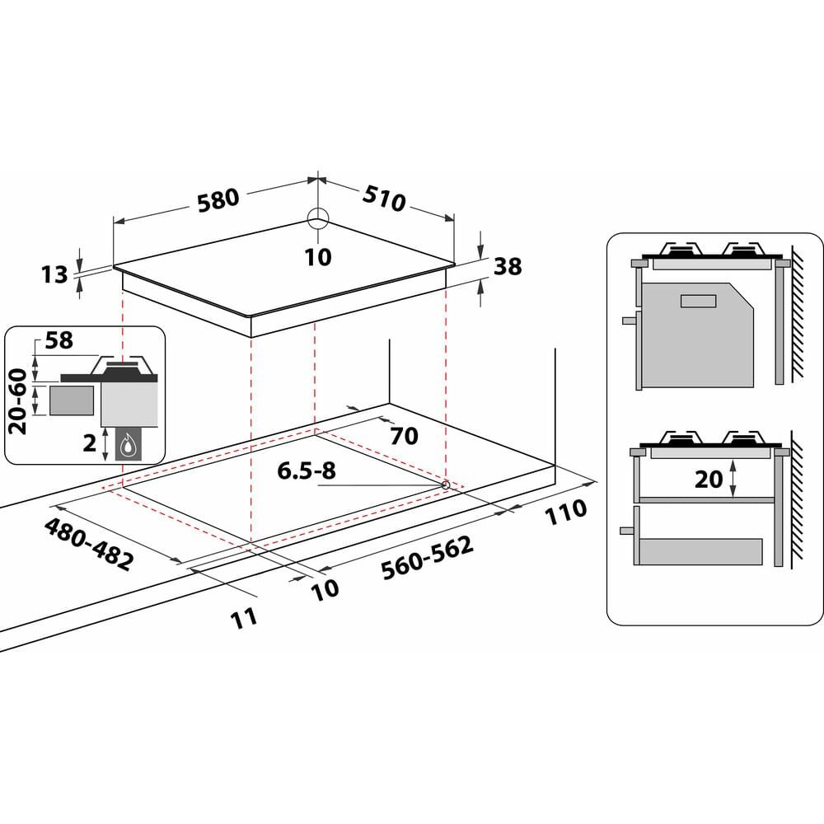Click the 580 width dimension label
pyautogui.click(x=218, y=199)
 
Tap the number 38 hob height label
pyautogui.click(x=508, y=266)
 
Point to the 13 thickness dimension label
pyautogui.click(x=55, y=274)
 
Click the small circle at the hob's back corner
pyautogui.click(x=318, y=218)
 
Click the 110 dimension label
pyautogui.click(x=565, y=510)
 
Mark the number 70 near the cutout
pyautogui.click(x=405, y=435)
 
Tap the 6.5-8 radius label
pyautogui.click(x=307, y=471)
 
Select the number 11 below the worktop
pyautogui.click(x=245, y=616)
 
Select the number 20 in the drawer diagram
pyautogui.click(x=708, y=478)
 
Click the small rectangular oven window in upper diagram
pyautogui.click(x=700, y=300)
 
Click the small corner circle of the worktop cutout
pyautogui.click(x=446, y=485)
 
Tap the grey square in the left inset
pyautogui.click(x=72, y=400)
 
